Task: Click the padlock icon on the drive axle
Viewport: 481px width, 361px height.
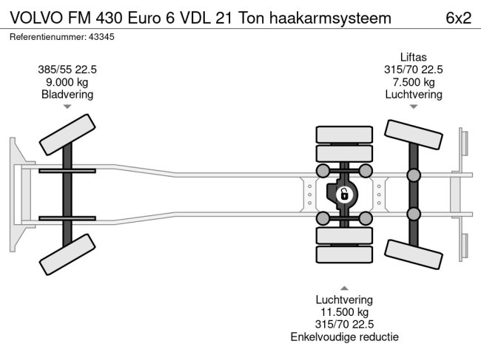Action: point(343,195)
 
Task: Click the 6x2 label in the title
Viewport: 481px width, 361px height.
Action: point(458,18)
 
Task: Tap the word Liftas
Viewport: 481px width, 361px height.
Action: point(413,57)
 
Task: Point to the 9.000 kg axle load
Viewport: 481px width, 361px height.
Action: point(67,82)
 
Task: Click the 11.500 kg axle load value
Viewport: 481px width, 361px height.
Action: point(344,312)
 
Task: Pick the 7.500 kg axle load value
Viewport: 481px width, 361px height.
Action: point(413,82)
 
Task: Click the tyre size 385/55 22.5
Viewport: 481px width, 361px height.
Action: point(67,70)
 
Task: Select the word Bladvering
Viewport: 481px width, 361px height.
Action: point(67,95)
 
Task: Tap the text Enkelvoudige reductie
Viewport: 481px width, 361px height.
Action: point(344,337)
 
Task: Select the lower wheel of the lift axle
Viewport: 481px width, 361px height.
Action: point(413,251)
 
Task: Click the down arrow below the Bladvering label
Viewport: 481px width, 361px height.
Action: point(67,107)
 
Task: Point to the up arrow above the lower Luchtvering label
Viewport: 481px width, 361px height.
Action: point(344,287)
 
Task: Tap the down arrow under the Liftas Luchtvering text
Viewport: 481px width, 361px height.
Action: point(413,107)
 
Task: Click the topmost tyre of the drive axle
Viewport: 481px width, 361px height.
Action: point(343,135)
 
